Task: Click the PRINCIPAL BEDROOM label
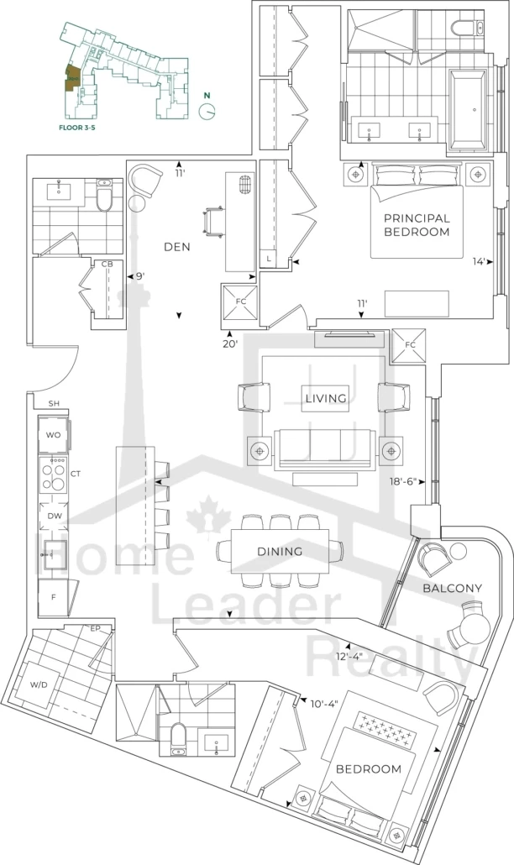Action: coord(417,224)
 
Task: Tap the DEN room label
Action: coord(176,248)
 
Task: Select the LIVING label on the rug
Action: coord(326,398)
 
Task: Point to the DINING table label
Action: coord(281,552)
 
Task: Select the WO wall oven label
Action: coord(52,435)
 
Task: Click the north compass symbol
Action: coord(206,109)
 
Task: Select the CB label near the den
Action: coord(108,265)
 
